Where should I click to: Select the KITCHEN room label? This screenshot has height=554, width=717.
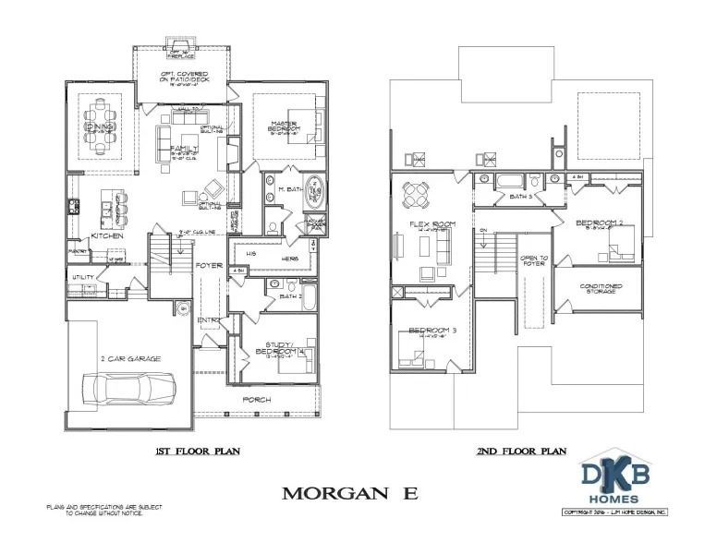[107, 236]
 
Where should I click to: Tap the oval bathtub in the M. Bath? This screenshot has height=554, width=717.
[314, 190]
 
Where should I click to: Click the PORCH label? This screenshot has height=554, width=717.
[256, 399]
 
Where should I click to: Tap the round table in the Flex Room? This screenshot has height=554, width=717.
[418, 195]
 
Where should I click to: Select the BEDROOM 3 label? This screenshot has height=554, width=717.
[430, 331]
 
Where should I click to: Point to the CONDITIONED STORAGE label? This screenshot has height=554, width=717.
[600, 289]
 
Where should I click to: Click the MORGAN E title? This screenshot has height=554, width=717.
[348, 492]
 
